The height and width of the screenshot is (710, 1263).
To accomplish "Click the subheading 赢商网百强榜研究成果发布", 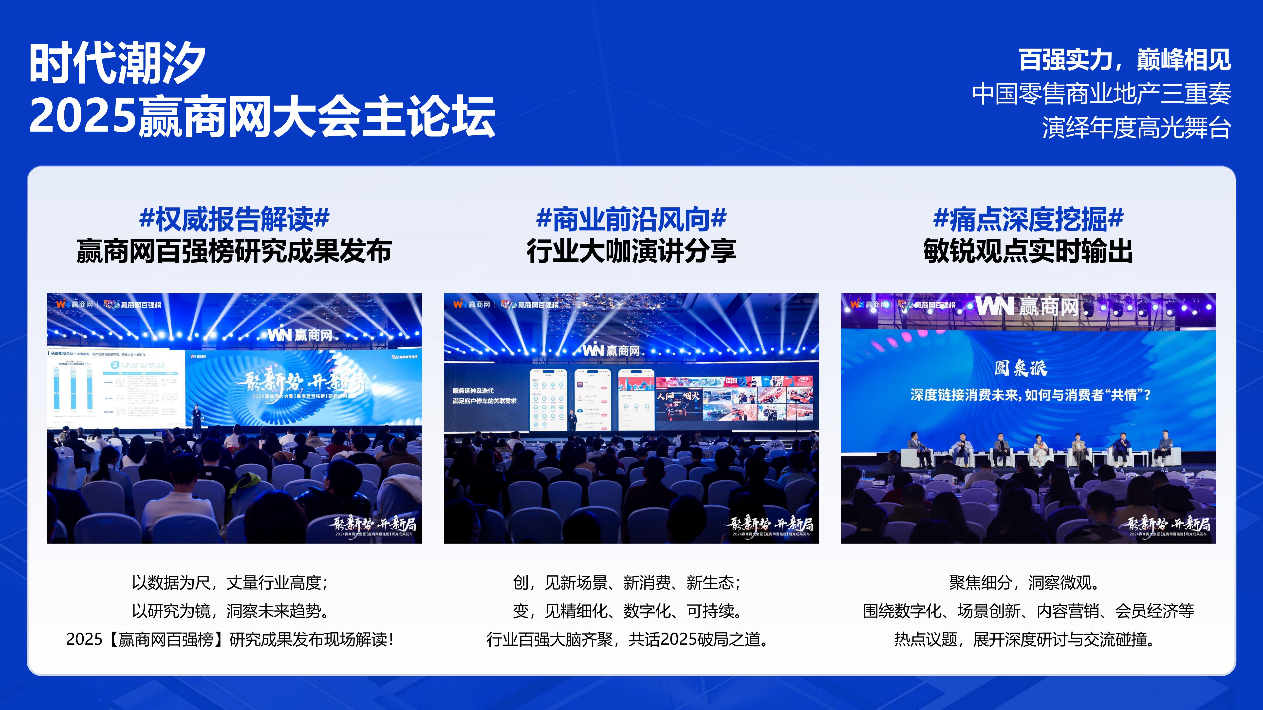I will pyautogui.click(x=234, y=251).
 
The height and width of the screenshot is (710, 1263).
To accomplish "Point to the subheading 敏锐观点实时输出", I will pyautogui.click(x=1028, y=251).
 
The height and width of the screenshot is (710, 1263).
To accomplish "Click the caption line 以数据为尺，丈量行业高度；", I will pyautogui.click(x=229, y=583).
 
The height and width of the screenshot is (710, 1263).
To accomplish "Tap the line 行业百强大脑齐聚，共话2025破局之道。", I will pyautogui.click(x=628, y=639).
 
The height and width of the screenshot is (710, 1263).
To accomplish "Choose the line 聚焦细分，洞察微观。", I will pyautogui.click(x=1025, y=583).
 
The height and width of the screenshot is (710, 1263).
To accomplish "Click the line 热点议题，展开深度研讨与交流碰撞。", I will pyautogui.click(x=1025, y=639).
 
